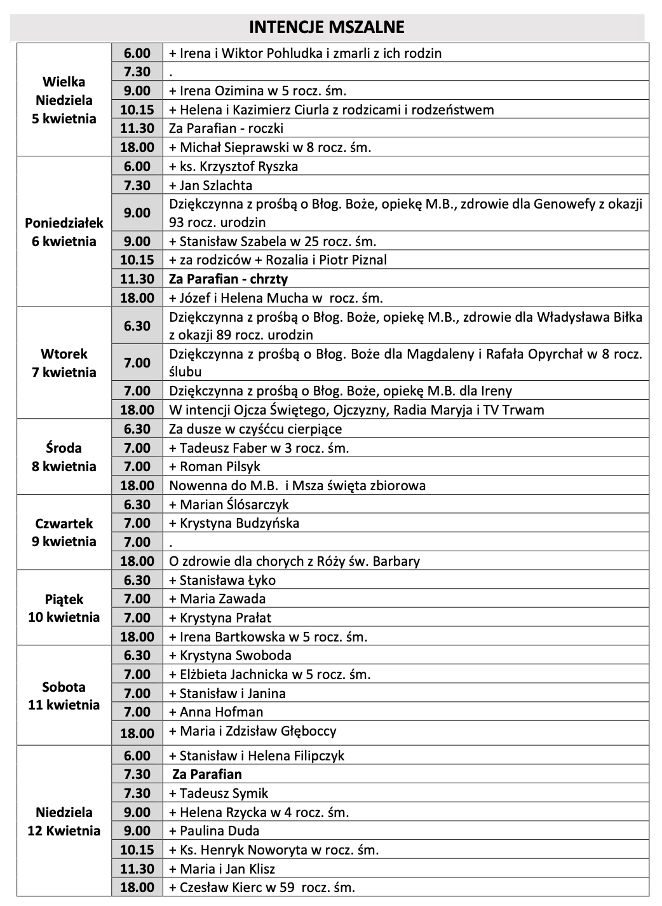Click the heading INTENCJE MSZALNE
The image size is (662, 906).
pyautogui.click(x=327, y=27)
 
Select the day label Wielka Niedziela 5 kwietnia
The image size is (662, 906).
pyautogui.click(x=64, y=100)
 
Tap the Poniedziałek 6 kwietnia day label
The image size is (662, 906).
pyautogui.click(x=64, y=232)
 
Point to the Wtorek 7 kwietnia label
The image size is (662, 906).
pyautogui.click(x=64, y=363)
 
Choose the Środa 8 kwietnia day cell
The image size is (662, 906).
pyautogui.click(x=64, y=457)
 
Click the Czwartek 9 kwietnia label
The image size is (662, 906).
pyautogui.click(x=64, y=533)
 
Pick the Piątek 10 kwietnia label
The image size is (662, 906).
pyautogui.click(x=64, y=608)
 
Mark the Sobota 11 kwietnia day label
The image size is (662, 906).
pyautogui.click(x=64, y=696)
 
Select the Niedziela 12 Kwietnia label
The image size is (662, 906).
pyautogui.click(x=64, y=821)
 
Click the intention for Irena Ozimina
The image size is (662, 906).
pyautogui.click(x=257, y=91)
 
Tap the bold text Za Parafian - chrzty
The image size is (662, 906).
pyautogui.click(x=228, y=279)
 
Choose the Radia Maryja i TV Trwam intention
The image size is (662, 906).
pyautogui.click(x=356, y=410)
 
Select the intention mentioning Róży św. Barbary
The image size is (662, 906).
pyautogui.click(x=294, y=561)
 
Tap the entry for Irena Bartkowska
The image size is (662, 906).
pyautogui.click(x=268, y=636)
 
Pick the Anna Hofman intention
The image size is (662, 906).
pyautogui.click(x=216, y=712)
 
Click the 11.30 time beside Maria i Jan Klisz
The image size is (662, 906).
pyautogui.click(x=137, y=868)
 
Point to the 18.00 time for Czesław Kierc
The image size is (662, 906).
pyautogui.click(x=137, y=888)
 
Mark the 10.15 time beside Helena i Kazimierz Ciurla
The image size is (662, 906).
pyautogui.click(x=137, y=110)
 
